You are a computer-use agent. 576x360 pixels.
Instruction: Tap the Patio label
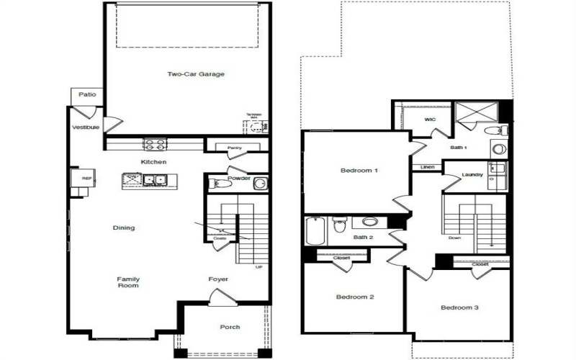click(87, 95)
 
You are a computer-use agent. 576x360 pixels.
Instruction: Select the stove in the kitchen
click(153, 143)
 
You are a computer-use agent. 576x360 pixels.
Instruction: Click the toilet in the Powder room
click(221, 184)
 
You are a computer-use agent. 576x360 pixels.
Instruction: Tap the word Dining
click(123, 228)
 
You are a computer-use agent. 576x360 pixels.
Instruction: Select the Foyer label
click(218, 279)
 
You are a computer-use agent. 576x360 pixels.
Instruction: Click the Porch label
click(230, 327)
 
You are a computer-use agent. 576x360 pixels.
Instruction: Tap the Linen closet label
click(427, 168)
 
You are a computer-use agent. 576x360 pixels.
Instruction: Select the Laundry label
click(472, 174)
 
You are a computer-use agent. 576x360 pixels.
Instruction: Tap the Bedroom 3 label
click(459, 307)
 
